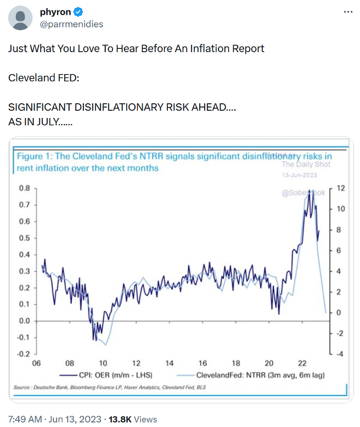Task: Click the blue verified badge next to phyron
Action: coord(78,12)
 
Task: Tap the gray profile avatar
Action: coord(21,18)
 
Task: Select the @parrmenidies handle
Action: coord(71,24)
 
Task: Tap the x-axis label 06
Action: coord(36,363)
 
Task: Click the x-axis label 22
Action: coord(302,363)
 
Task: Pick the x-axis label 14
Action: coord(169,363)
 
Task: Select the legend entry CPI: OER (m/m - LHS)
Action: coord(116,375)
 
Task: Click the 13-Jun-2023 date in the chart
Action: coord(299,175)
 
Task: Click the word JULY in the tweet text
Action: coord(47,121)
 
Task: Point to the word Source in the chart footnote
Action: coord(22,388)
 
